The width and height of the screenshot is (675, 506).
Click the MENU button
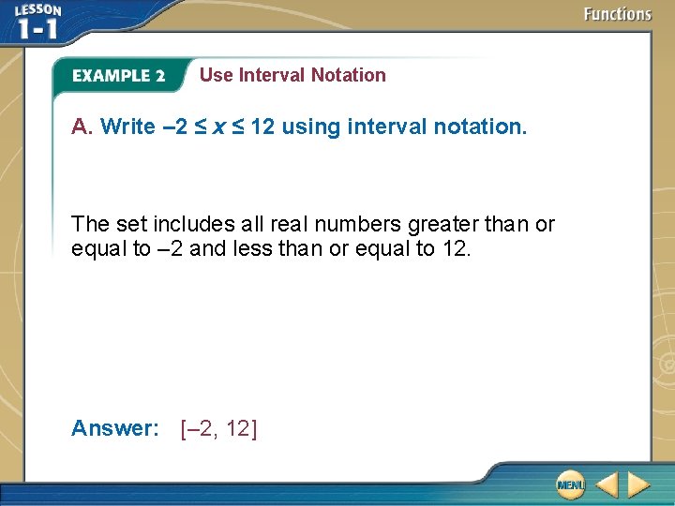click(569, 484)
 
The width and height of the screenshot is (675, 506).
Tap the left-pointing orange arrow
click(607, 484)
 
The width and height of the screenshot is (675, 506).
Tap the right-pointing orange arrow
click(638, 484)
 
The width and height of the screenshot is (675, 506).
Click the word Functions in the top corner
click(617, 14)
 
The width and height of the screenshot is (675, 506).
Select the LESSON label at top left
click(37, 10)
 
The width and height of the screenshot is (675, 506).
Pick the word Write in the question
click(127, 126)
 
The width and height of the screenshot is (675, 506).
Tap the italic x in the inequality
click(217, 126)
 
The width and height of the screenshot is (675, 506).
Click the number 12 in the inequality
click(262, 126)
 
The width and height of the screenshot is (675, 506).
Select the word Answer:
click(115, 428)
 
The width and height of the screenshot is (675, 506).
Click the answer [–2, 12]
click(218, 428)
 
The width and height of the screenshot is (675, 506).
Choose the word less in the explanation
click(260, 248)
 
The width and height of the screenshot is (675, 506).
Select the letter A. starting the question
click(82, 126)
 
